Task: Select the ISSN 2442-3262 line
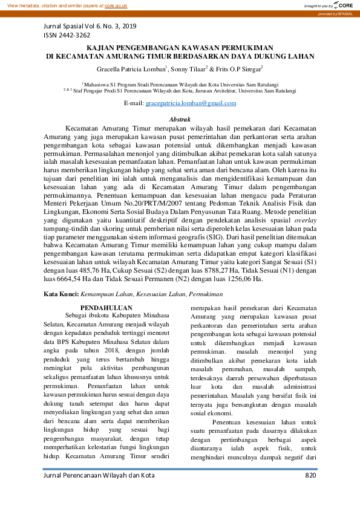(x=66, y=36)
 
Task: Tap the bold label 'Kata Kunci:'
(x=62, y=294)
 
